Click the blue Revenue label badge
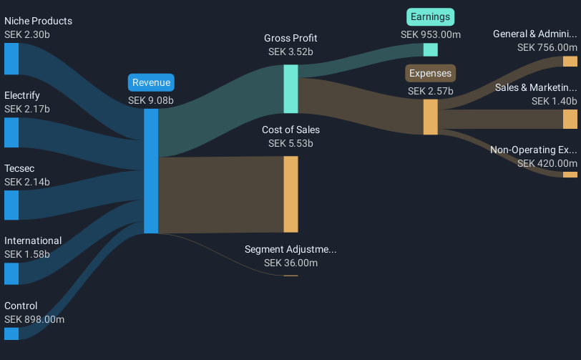pos(150,82)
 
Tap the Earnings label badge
pos(431,16)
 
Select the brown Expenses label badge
pos(431,73)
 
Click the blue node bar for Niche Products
pos(11,59)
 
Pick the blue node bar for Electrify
pos(11,132)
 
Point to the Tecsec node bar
pos(11,205)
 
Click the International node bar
pos(11,273)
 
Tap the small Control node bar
pos(11,334)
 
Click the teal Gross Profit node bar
pos(290,89)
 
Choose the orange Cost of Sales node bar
pos(290,194)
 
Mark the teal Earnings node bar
pos(430,49)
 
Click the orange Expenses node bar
pos(430,117)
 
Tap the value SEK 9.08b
pos(150,100)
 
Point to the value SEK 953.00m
pos(431,34)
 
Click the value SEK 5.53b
pos(290,144)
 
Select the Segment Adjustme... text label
pos(290,250)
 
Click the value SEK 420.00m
pos(547,163)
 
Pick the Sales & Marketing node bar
pos(570,119)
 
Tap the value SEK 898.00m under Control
pos(34,319)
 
